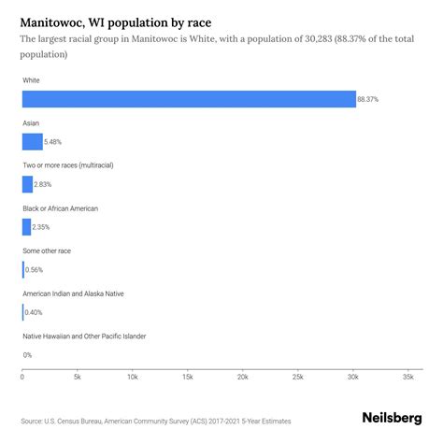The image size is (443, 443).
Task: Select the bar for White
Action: [x=189, y=99]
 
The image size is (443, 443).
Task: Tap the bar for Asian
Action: [x=33, y=141]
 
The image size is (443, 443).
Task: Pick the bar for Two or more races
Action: [x=28, y=184]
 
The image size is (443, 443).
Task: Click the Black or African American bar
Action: [x=27, y=226]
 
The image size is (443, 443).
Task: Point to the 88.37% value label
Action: [x=369, y=99]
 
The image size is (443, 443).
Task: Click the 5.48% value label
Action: [x=55, y=142]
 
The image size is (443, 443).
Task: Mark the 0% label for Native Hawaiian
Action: [x=27, y=354]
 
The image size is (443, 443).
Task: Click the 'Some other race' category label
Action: [x=47, y=251]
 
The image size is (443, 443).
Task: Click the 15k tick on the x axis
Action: [x=187, y=379]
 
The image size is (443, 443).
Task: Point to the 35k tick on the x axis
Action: [x=407, y=379]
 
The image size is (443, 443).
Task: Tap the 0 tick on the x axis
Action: [x=22, y=379]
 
